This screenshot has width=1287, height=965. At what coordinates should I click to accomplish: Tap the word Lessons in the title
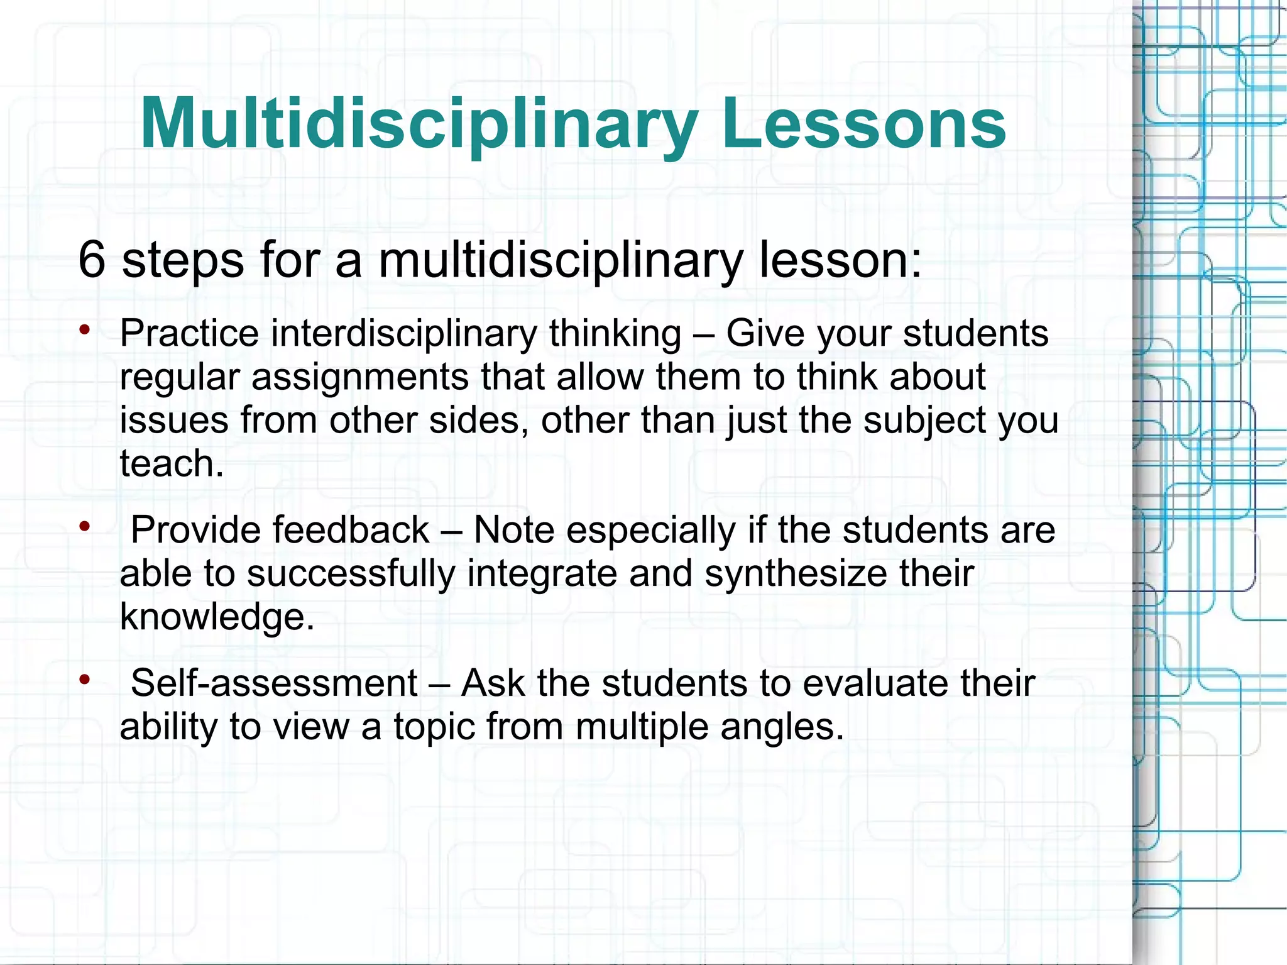click(x=864, y=124)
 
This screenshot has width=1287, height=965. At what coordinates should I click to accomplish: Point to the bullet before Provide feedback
click(x=85, y=526)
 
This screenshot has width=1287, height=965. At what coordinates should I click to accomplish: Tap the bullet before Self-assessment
click(x=85, y=679)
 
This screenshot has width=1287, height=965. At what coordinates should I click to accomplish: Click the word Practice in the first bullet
click(x=189, y=333)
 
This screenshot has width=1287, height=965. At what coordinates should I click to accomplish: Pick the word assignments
click(x=360, y=377)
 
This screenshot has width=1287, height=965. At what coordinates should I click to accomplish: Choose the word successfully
click(x=351, y=574)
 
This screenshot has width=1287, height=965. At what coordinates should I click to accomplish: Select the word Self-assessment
click(x=274, y=683)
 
